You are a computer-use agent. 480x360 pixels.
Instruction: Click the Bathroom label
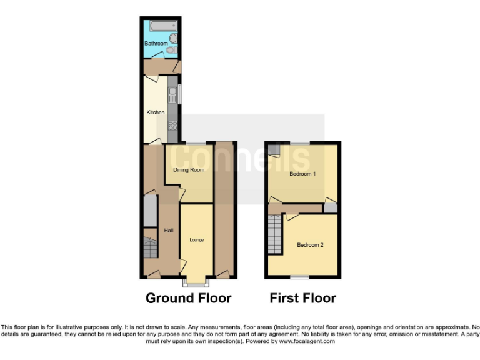click(156, 43)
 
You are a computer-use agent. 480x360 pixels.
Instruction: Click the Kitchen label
click(156, 112)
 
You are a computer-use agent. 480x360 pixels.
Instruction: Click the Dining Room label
click(189, 169)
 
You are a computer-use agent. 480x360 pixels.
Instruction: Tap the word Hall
click(168, 231)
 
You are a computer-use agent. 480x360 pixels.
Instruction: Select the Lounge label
click(196, 240)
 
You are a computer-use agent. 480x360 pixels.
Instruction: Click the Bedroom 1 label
click(301, 174)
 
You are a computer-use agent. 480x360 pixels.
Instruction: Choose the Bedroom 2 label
click(310, 245)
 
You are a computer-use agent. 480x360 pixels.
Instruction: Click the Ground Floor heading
click(188, 298)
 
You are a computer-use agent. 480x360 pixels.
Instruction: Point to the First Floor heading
click(302, 298)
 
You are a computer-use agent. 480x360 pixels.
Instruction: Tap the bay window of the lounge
click(196, 282)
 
